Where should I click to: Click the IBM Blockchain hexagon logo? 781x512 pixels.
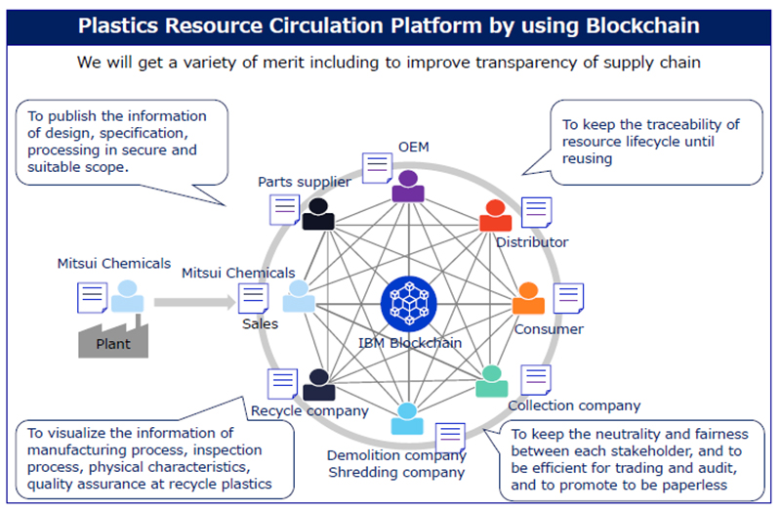[411, 302]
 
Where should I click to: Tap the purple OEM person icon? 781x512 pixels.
[408, 186]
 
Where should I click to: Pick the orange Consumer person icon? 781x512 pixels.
[528, 298]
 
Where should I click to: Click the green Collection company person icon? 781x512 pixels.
[491, 381]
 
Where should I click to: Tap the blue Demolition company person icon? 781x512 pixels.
[408, 418]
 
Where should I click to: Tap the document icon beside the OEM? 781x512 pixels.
[376, 167]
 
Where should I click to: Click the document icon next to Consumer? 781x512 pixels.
[568, 298]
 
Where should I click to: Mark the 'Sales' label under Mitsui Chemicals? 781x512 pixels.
[261, 323]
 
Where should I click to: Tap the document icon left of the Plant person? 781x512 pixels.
[92, 297]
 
